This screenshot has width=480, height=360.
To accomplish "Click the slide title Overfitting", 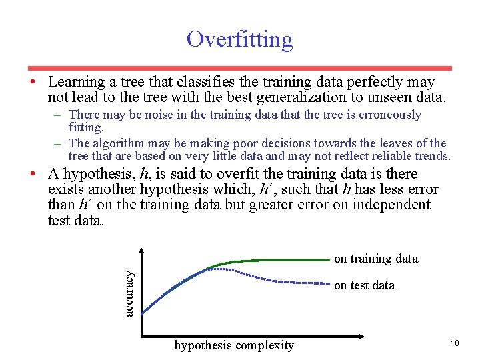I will tap(239, 39).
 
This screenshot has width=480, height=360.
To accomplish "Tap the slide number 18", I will tap(455, 343).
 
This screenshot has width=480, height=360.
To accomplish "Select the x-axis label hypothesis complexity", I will tap(233, 345).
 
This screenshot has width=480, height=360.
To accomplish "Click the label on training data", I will tap(375, 259).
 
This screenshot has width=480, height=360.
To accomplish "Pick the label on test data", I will tap(364, 285).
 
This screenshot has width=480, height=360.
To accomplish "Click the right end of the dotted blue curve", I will tap(329, 283).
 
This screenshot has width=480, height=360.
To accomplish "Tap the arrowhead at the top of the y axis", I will tap(142, 251).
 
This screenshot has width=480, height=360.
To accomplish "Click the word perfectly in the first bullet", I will tap(378, 82).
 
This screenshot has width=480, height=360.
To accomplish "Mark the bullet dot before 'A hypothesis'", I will tap(31, 174).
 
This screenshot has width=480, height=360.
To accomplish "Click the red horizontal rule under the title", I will tap(239, 68).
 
